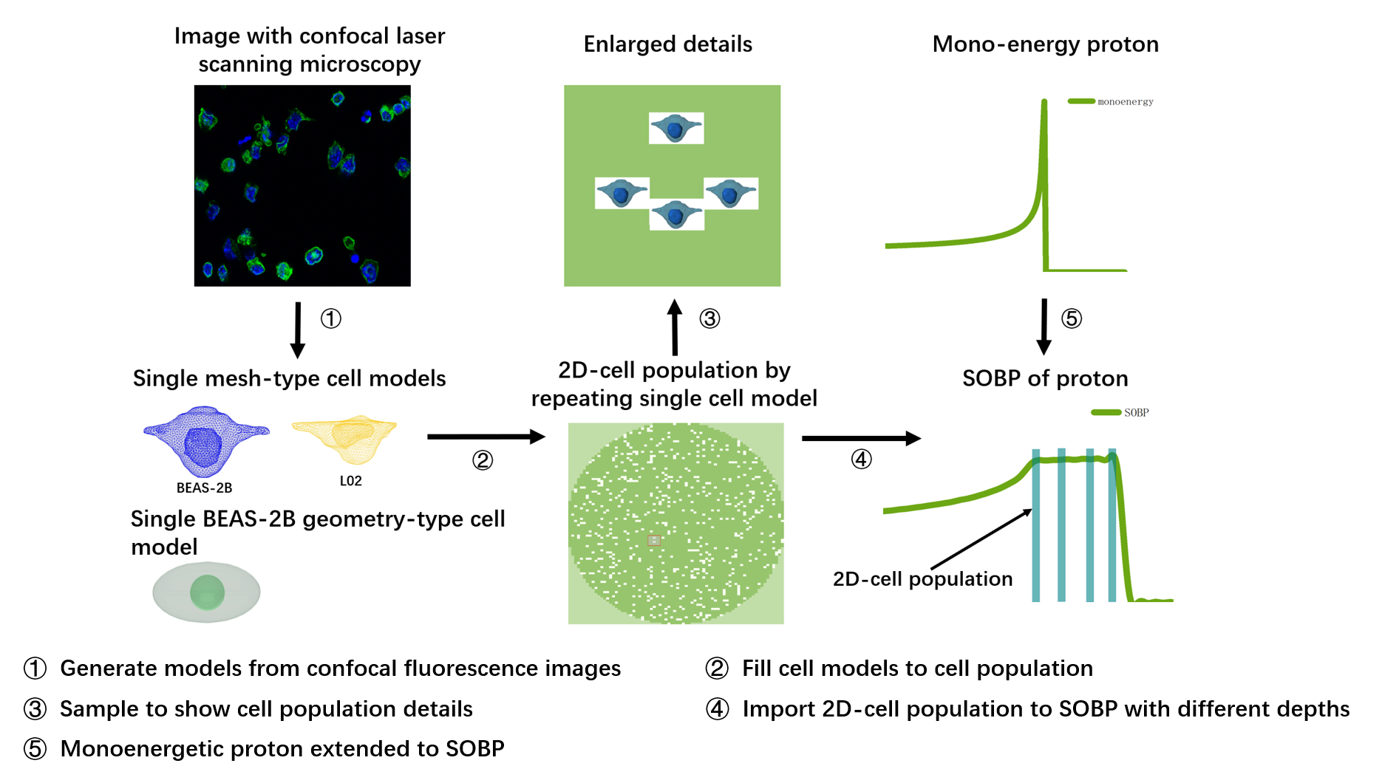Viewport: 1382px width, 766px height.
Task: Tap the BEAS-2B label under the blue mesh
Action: tap(204, 488)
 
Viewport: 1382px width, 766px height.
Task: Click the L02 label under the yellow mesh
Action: tap(350, 481)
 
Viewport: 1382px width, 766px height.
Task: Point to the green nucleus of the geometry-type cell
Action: tap(207, 592)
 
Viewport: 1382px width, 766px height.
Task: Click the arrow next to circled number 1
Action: tap(298, 329)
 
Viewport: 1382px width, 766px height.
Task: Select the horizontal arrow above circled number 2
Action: tap(486, 437)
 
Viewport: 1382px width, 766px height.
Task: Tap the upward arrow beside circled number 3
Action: tap(675, 327)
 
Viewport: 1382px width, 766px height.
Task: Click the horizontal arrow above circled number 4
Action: tap(861, 438)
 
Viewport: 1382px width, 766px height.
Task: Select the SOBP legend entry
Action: tap(1120, 412)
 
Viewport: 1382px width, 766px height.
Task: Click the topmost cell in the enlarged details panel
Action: tap(675, 129)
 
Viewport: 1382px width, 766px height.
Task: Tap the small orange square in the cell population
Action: tap(654, 540)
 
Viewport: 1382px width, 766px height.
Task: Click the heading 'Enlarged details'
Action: tap(667, 44)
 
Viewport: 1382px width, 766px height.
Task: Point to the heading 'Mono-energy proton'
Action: tap(1045, 44)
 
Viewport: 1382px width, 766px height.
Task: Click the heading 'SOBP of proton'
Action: tap(1045, 378)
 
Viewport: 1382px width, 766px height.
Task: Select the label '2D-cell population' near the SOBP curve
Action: tap(922, 578)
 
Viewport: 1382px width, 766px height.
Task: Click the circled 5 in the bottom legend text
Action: tap(35, 748)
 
